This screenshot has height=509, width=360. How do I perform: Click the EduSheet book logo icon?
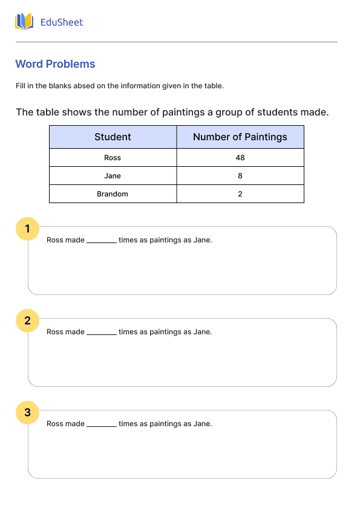(24, 22)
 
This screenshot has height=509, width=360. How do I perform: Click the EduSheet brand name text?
(61, 22)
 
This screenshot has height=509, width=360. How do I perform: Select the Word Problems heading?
(55, 64)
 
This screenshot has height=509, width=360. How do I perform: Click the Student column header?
(113, 137)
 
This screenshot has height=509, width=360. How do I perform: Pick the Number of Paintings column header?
(240, 137)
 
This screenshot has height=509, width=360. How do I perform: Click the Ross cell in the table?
(113, 158)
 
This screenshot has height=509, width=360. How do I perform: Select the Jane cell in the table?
(113, 176)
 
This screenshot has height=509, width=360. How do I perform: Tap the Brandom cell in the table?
(113, 194)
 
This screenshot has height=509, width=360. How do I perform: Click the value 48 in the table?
(240, 158)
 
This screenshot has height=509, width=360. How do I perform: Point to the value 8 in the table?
(240, 176)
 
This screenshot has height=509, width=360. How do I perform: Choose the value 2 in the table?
(240, 194)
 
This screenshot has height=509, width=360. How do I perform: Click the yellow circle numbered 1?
(27, 229)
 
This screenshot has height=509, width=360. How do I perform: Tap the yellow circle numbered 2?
(27, 320)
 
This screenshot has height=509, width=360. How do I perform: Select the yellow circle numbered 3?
(27, 412)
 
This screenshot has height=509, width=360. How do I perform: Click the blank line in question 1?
(101, 241)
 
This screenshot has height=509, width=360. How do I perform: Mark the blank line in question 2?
(101, 332)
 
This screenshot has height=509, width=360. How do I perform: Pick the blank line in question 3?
(101, 424)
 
